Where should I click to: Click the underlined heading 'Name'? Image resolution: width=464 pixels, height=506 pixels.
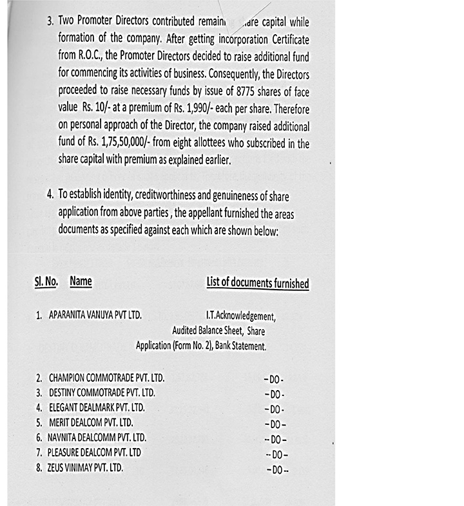81,281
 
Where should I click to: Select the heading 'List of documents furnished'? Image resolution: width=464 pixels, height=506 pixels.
257,283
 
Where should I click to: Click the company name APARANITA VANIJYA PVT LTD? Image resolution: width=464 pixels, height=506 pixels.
95,315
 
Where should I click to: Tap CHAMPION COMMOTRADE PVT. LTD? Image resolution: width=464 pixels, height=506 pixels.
106,377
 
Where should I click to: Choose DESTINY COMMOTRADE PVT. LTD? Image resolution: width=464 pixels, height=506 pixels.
102,392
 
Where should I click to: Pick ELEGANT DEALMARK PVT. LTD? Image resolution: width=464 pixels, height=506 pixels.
97,408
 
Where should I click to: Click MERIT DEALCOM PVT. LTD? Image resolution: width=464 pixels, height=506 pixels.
91,422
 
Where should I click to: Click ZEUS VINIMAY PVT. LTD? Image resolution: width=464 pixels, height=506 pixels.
84,467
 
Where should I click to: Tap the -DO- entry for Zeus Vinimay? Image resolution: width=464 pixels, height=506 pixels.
277,470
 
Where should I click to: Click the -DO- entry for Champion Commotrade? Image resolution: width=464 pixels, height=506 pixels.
274,379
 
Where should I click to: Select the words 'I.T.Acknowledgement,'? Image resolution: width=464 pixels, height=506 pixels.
240,316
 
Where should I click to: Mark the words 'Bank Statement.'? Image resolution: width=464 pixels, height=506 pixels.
241,346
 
